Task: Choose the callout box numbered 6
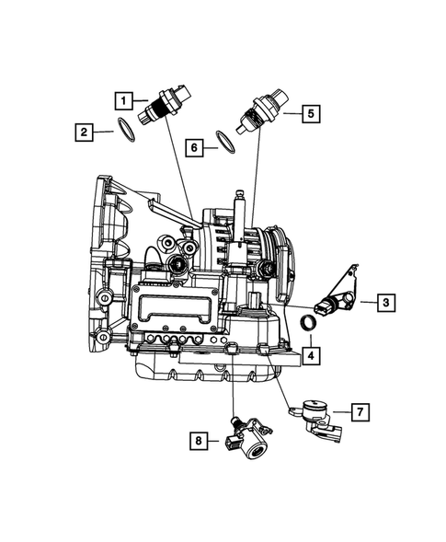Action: coord(193,145)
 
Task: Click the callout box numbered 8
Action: coord(198,442)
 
